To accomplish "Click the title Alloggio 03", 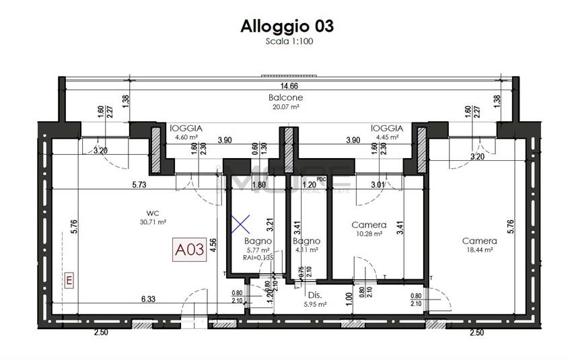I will tap(287, 26).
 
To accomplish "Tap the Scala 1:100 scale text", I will tap(287, 41).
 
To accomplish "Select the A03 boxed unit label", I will tap(190, 250).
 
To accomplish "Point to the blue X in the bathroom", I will tap(240, 224).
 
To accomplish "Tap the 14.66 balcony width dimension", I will tap(289, 86).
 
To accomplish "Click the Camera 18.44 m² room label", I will tap(479, 241).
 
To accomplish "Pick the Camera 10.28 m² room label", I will tap(369, 225).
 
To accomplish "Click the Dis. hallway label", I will tap(314, 295).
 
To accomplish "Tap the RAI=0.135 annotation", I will tap(258, 256).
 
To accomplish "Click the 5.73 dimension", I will tap(139, 184).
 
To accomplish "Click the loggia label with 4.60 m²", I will tap(186, 128).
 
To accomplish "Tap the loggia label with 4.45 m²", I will tap(386, 128).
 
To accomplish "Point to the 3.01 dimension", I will tap(378, 184).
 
